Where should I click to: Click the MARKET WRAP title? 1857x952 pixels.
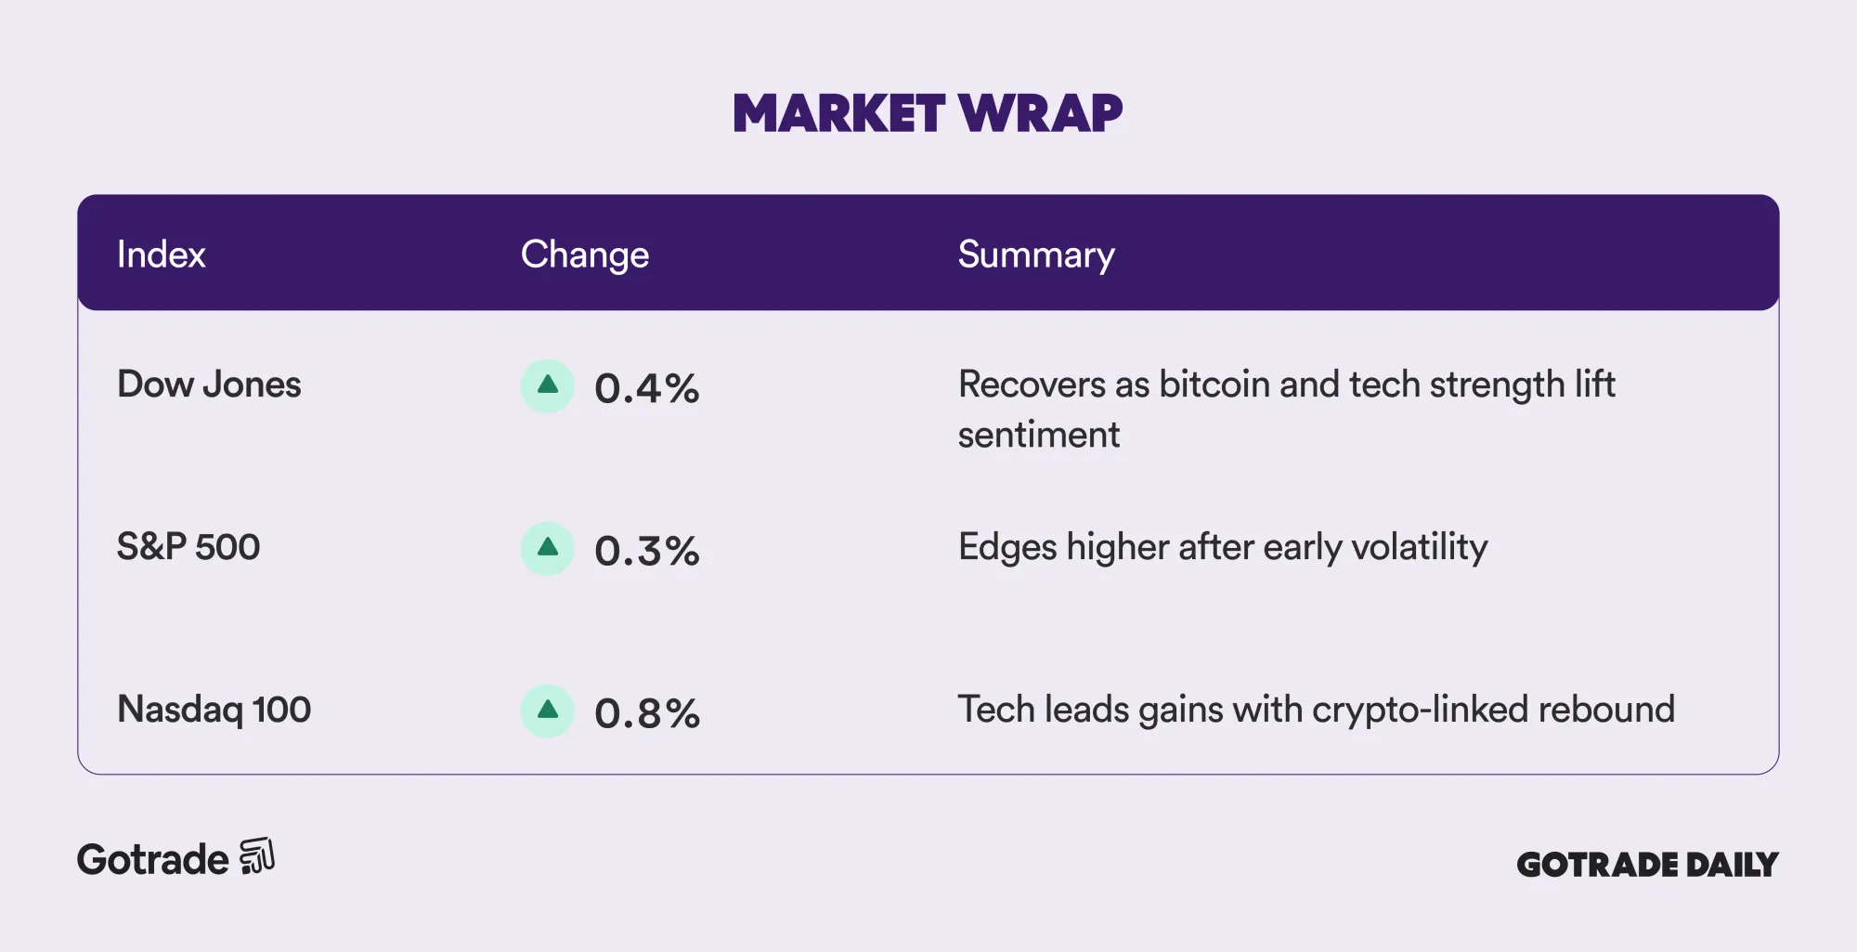[928, 113]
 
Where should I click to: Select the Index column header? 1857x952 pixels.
[161, 254]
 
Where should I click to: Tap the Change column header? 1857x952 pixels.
[584, 254]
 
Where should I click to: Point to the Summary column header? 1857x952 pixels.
[1035, 254]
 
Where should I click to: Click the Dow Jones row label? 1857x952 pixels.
[209, 385]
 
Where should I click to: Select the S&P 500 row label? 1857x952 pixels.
[188, 547]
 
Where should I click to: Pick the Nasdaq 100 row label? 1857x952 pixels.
[214, 710]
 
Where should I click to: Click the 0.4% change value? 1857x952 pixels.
[646, 388]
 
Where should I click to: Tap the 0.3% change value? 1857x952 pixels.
[646, 551]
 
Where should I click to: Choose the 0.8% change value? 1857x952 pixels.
[646, 713]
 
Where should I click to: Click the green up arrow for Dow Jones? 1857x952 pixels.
[548, 385]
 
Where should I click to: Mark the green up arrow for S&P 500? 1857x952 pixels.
[548, 548]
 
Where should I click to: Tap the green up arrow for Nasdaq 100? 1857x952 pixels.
[548, 711]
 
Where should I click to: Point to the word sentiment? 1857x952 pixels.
[1038, 435]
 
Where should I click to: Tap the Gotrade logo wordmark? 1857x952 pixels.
[153, 860]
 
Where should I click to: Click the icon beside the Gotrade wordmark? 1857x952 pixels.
[257, 856]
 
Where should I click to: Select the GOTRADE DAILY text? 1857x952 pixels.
[1647, 865]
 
